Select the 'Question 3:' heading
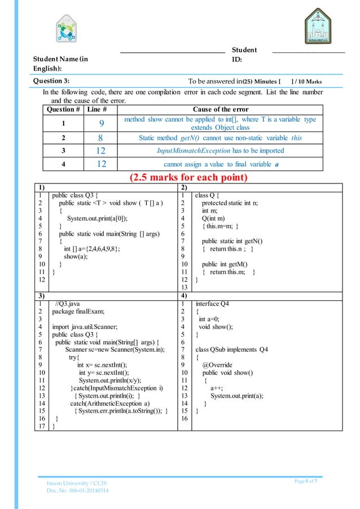pos(51,81)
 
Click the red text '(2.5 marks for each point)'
pos(180,178)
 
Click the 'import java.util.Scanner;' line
pos(77,326)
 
